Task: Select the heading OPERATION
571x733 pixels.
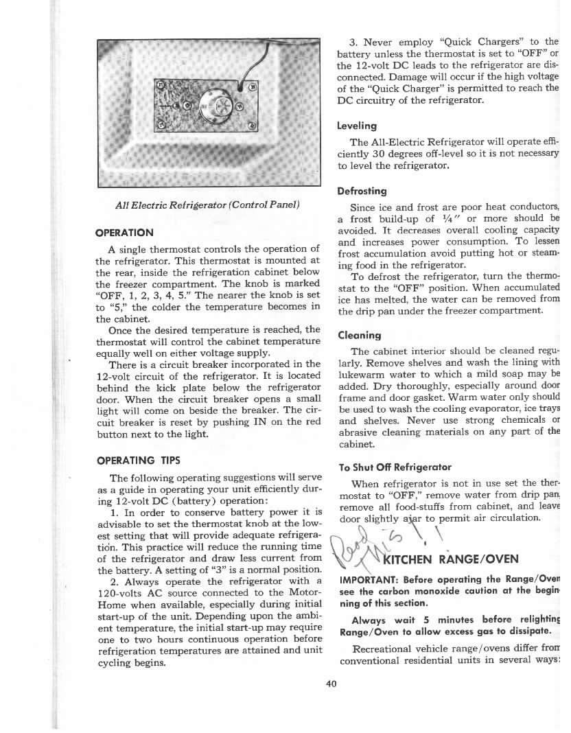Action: [x=125, y=232]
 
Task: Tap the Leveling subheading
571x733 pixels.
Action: [x=357, y=126]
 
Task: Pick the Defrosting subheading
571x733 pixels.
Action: [x=362, y=191]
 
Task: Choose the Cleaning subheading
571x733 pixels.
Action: [x=360, y=335]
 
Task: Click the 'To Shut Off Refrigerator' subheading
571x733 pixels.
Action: [x=395, y=467]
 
